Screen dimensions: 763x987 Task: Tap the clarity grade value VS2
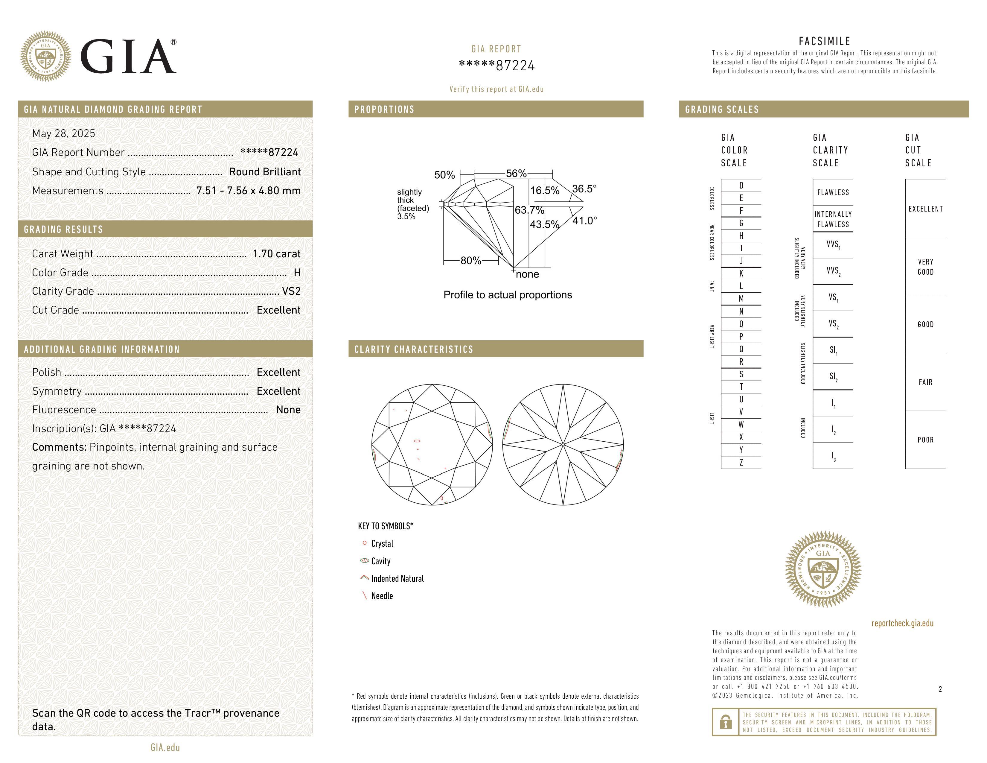tap(291, 291)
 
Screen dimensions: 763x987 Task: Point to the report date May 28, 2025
tap(64, 133)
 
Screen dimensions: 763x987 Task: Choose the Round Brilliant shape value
tap(265, 172)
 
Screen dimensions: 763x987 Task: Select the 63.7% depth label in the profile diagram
tap(529, 210)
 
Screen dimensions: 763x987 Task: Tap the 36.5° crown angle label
tap(584, 189)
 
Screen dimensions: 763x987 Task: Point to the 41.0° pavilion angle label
tap(585, 221)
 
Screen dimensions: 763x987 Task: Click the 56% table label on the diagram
tap(516, 174)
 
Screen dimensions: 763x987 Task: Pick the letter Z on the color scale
tap(741, 462)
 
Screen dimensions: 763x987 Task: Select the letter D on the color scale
tap(741, 185)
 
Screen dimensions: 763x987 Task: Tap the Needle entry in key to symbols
tap(382, 596)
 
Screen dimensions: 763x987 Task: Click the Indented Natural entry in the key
tap(397, 579)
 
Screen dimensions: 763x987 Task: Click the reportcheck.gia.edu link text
tap(902, 623)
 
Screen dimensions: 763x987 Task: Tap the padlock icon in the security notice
tap(725, 722)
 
